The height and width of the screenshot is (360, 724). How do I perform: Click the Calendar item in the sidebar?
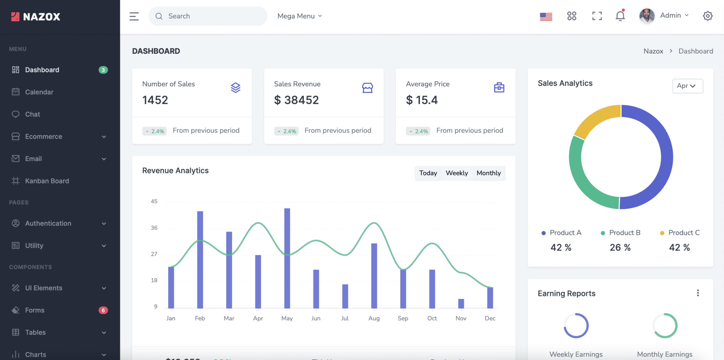click(x=39, y=92)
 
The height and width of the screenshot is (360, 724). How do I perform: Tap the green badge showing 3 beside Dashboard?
click(x=103, y=70)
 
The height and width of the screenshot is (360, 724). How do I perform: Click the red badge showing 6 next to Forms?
click(x=103, y=310)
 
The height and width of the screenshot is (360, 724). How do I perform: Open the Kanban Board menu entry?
click(x=47, y=181)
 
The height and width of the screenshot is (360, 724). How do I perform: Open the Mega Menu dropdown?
click(x=299, y=16)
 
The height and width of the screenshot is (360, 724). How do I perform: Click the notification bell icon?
click(x=620, y=16)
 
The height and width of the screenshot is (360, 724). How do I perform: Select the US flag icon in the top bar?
click(x=546, y=16)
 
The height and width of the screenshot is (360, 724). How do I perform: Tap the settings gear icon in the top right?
click(x=707, y=16)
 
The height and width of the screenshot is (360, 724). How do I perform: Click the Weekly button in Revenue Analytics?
click(x=456, y=173)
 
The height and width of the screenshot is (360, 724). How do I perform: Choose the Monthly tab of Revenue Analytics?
click(x=489, y=173)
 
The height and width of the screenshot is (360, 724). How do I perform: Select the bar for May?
click(x=287, y=258)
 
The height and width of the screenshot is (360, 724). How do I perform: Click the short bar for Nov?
click(x=461, y=303)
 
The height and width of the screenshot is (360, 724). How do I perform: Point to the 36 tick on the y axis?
click(x=154, y=228)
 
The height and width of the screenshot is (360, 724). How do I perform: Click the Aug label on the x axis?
click(x=374, y=318)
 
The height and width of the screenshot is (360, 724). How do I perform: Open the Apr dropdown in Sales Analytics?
click(x=687, y=86)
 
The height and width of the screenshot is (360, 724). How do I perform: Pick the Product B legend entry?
click(x=621, y=233)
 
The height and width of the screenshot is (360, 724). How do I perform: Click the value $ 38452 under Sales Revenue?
click(x=296, y=100)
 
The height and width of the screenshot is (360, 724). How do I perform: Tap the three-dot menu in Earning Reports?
click(x=697, y=293)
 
